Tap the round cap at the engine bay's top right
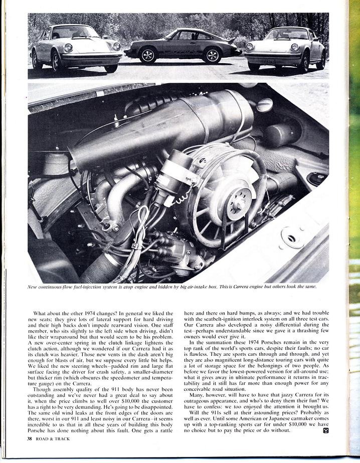point(264,105)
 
